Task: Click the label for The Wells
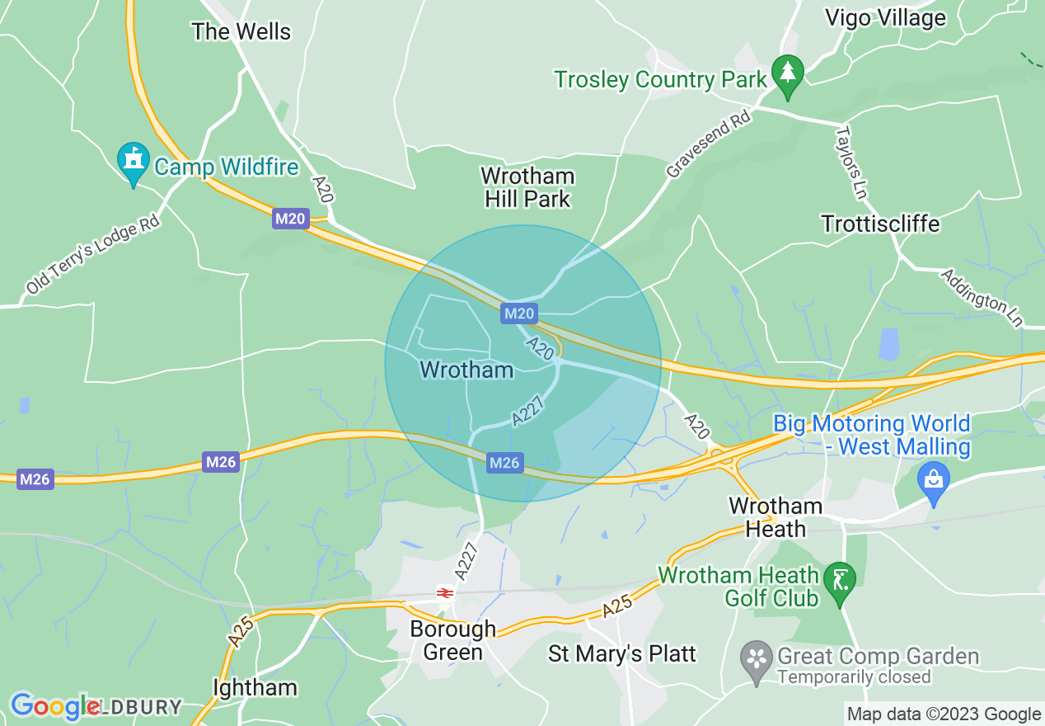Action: point(241,32)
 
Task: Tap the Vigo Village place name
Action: point(885,18)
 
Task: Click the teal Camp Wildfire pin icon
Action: point(133,163)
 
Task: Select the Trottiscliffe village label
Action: point(880,224)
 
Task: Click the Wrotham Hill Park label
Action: point(527,187)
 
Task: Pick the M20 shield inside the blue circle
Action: point(519,313)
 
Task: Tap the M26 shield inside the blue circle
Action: point(504,463)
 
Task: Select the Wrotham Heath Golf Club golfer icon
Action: point(840,581)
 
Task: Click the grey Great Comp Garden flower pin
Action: point(755,660)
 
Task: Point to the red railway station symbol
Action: point(445,593)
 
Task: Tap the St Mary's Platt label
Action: point(622,654)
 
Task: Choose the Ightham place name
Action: point(255,687)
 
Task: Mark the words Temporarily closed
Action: point(854,677)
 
